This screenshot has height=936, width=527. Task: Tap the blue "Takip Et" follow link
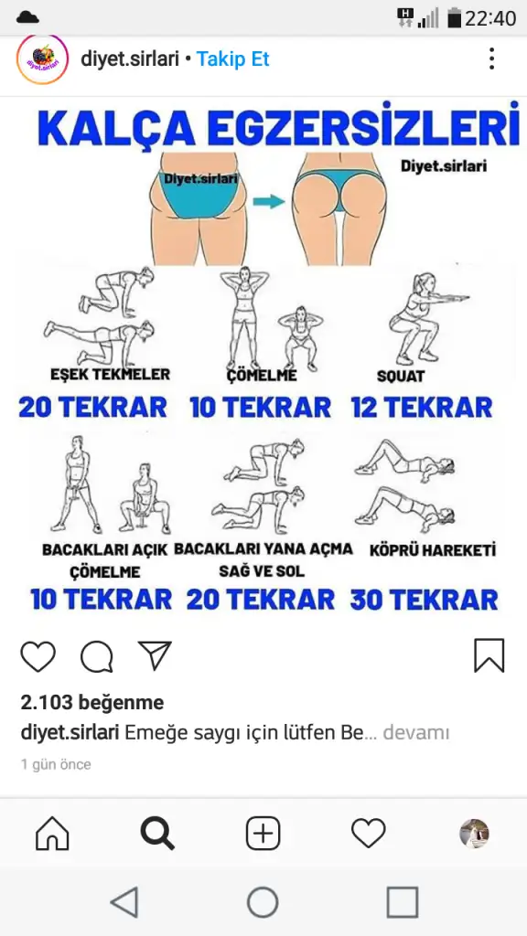(x=233, y=59)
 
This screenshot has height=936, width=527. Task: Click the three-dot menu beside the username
(x=491, y=58)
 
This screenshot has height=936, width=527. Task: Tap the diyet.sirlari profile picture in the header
(x=42, y=59)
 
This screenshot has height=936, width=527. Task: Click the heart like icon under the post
(x=38, y=656)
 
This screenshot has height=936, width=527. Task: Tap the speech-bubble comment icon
(x=97, y=656)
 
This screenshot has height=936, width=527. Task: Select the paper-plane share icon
(x=155, y=655)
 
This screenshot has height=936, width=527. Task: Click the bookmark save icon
(x=489, y=656)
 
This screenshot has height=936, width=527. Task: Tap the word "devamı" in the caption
(x=416, y=732)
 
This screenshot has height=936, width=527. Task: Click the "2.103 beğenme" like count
(x=92, y=703)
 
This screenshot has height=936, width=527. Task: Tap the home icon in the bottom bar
(x=52, y=834)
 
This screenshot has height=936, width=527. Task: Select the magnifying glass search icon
(x=157, y=834)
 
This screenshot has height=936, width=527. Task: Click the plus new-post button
(x=263, y=834)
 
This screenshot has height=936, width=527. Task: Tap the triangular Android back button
(x=125, y=901)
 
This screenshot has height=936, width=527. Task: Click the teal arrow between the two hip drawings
(x=269, y=201)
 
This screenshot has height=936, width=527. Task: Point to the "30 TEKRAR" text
(x=425, y=600)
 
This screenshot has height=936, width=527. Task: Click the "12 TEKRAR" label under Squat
(x=422, y=407)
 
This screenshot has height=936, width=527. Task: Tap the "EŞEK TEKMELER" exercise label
(x=110, y=374)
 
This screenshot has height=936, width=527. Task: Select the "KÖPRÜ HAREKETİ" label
(x=433, y=549)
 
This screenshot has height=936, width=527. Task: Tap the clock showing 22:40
(x=490, y=18)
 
